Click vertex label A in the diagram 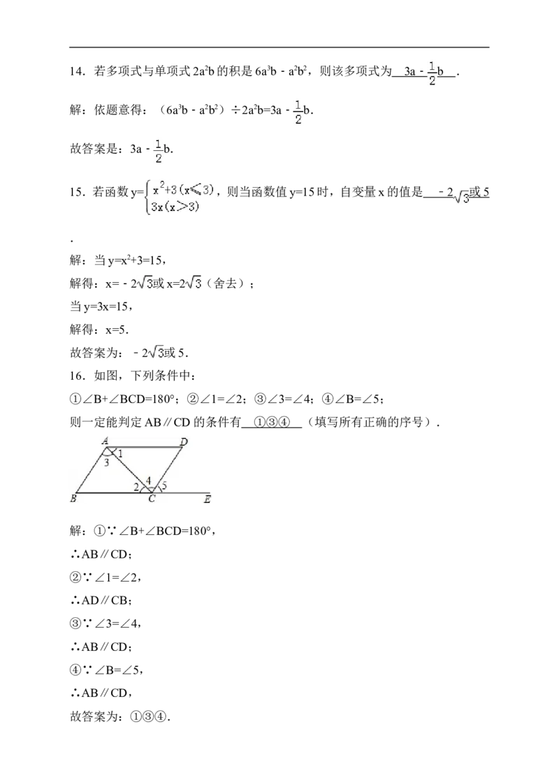tap(105, 441)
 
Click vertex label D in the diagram tap(184, 442)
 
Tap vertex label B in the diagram tap(73, 499)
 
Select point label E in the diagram tap(208, 499)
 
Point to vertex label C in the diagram tap(152, 499)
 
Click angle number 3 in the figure tap(107, 462)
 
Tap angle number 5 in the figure tap(164, 485)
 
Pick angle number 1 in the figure tap(120, 454)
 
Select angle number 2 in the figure tap(136, 487)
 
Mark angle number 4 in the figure tap(149, 480)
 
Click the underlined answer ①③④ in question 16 tap(271, 422)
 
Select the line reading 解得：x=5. tap(99, 330)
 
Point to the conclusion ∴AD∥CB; tap(101, 601)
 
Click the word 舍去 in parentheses tap(226, 284)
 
